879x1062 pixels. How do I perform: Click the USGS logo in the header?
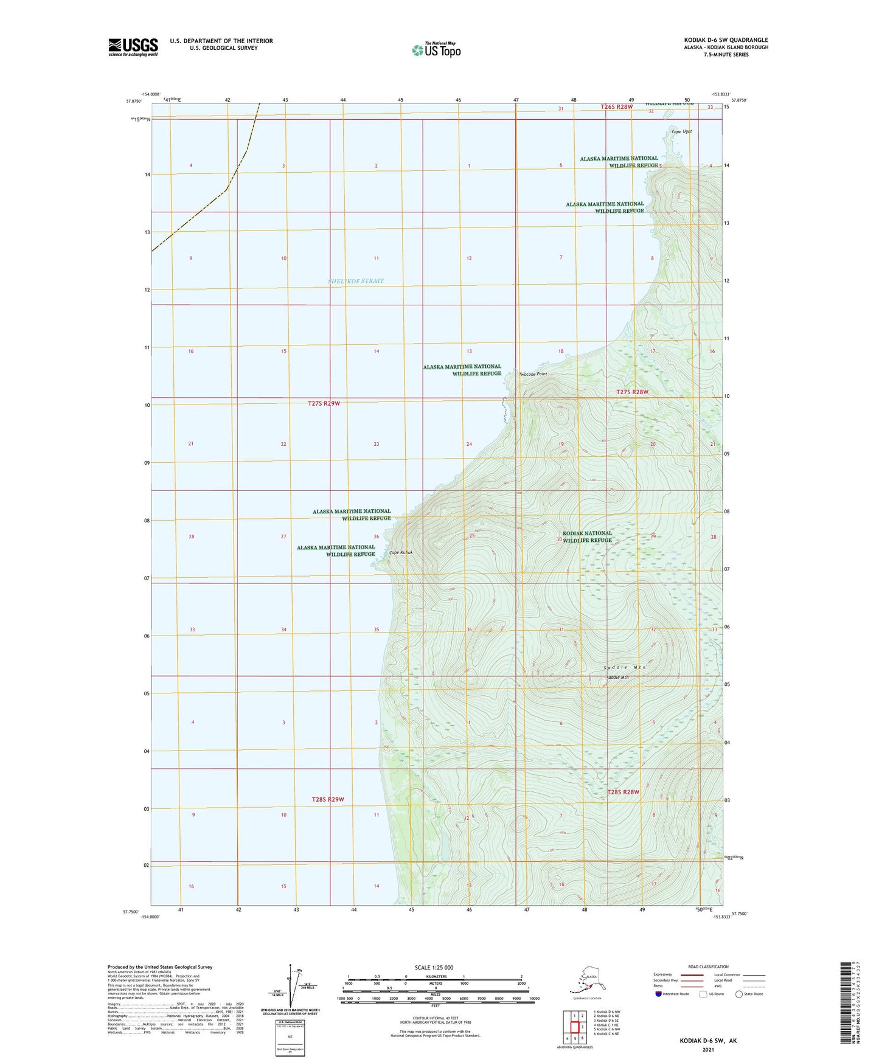(x=133, y=47)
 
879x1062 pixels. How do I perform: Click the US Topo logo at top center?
(x=436, y=50)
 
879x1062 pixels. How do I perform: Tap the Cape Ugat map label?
(x=681, y=131)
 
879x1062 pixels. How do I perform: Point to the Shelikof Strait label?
(x=356, y=281)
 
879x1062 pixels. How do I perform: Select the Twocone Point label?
(x=533, y=374)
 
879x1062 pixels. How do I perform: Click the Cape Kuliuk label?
(x=401, y=552)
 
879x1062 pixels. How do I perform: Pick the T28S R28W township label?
(x=624, y=792)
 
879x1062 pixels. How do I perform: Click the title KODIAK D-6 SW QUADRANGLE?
(x=726, y=40)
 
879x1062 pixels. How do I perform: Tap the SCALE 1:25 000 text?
(x=433, y=968)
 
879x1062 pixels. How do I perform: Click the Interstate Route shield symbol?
(x=659, y=994)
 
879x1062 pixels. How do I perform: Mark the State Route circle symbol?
(x=739, y=994)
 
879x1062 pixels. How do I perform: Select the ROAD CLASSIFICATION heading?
(x=709, y=967)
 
